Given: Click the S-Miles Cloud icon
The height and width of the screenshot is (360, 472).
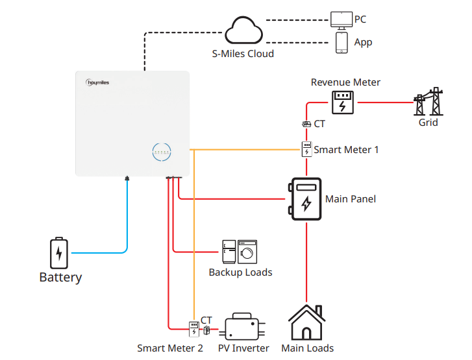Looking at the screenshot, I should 244,31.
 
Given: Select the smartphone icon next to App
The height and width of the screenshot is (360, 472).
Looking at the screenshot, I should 342,42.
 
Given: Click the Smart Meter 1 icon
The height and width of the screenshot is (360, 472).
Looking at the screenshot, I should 306,149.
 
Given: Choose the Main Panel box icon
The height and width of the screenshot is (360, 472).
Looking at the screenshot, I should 306,199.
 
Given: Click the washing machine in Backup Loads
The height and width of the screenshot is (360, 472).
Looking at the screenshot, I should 247,250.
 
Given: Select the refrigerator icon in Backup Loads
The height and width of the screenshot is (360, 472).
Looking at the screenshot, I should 229,250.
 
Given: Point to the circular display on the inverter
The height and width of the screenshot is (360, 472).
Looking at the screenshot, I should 162,152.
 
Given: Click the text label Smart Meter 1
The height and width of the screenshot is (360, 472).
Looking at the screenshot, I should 346,150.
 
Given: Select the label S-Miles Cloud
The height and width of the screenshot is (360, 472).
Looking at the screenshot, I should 243,54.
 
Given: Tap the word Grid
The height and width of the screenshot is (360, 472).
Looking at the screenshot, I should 428,122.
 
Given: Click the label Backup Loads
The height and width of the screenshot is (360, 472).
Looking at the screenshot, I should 240,272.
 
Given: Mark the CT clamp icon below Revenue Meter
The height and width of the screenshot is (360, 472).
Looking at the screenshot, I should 306,124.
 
